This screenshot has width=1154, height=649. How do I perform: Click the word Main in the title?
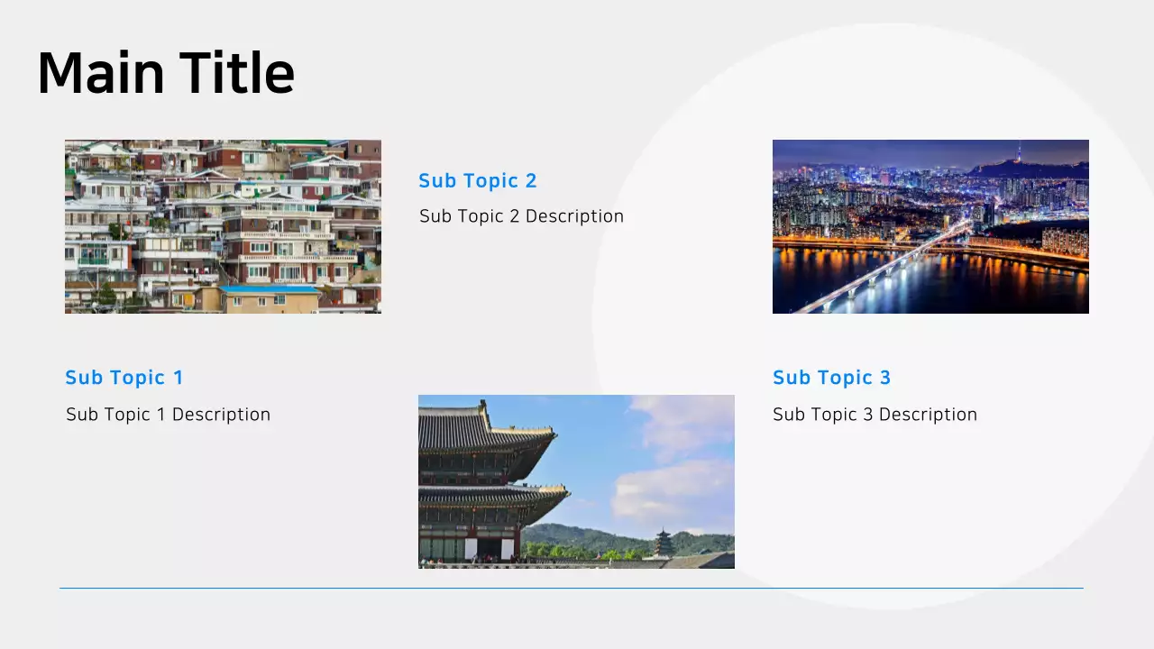(100, 73)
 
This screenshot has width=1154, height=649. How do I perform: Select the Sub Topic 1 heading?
(124, 378)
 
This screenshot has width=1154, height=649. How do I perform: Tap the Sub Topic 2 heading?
(477, 181)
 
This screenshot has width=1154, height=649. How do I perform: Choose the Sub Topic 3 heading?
(831, 378)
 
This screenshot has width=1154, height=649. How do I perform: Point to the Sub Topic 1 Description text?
(168, 415)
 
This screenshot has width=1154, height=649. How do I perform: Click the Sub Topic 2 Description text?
(521, 216)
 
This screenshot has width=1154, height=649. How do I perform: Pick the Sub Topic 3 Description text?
(875, 415)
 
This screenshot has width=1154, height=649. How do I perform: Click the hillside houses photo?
(223, 226)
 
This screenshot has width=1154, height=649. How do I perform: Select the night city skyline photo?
(930, 226)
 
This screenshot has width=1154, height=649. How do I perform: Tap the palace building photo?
(576, 481)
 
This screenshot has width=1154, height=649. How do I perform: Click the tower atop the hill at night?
(1020, 153)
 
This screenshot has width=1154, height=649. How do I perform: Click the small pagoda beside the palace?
(664, 543)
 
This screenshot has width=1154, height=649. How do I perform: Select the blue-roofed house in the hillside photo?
(269, 290)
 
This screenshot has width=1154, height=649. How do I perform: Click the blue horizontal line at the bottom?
(571, 589)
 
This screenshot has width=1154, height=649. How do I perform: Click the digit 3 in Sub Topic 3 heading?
(885, 378)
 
